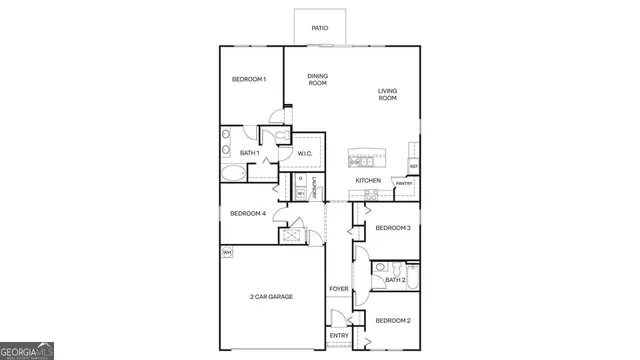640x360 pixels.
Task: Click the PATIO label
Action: tap(320, 28)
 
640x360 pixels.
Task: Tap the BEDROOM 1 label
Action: tap(249, 79)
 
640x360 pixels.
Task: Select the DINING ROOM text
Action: tap(318, 79)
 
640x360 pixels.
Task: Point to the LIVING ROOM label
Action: tap(387, 95)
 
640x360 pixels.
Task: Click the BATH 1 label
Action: tap(250, 153)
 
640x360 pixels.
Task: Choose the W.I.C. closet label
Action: tap(306, 153)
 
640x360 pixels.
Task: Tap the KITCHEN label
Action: tap(368, 180)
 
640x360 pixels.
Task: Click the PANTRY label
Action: tap(404, 184)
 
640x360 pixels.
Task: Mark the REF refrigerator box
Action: tap(413, 165)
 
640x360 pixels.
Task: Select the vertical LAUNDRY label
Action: tap(314, 187)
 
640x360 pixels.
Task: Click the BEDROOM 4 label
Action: tap(248, 213)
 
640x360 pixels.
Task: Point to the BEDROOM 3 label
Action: tap(393, 228)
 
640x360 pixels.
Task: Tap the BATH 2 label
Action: tap(394, 280)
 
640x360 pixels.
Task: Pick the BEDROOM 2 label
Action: tap(393, 320)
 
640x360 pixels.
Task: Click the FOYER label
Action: tap(339, 289)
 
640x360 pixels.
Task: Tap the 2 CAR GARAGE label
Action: tap(271, 297)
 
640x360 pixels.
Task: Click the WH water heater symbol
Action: tap(227, 252)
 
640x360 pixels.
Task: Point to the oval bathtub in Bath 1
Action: tap(233, 173)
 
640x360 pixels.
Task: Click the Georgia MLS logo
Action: tap(28, 350)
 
